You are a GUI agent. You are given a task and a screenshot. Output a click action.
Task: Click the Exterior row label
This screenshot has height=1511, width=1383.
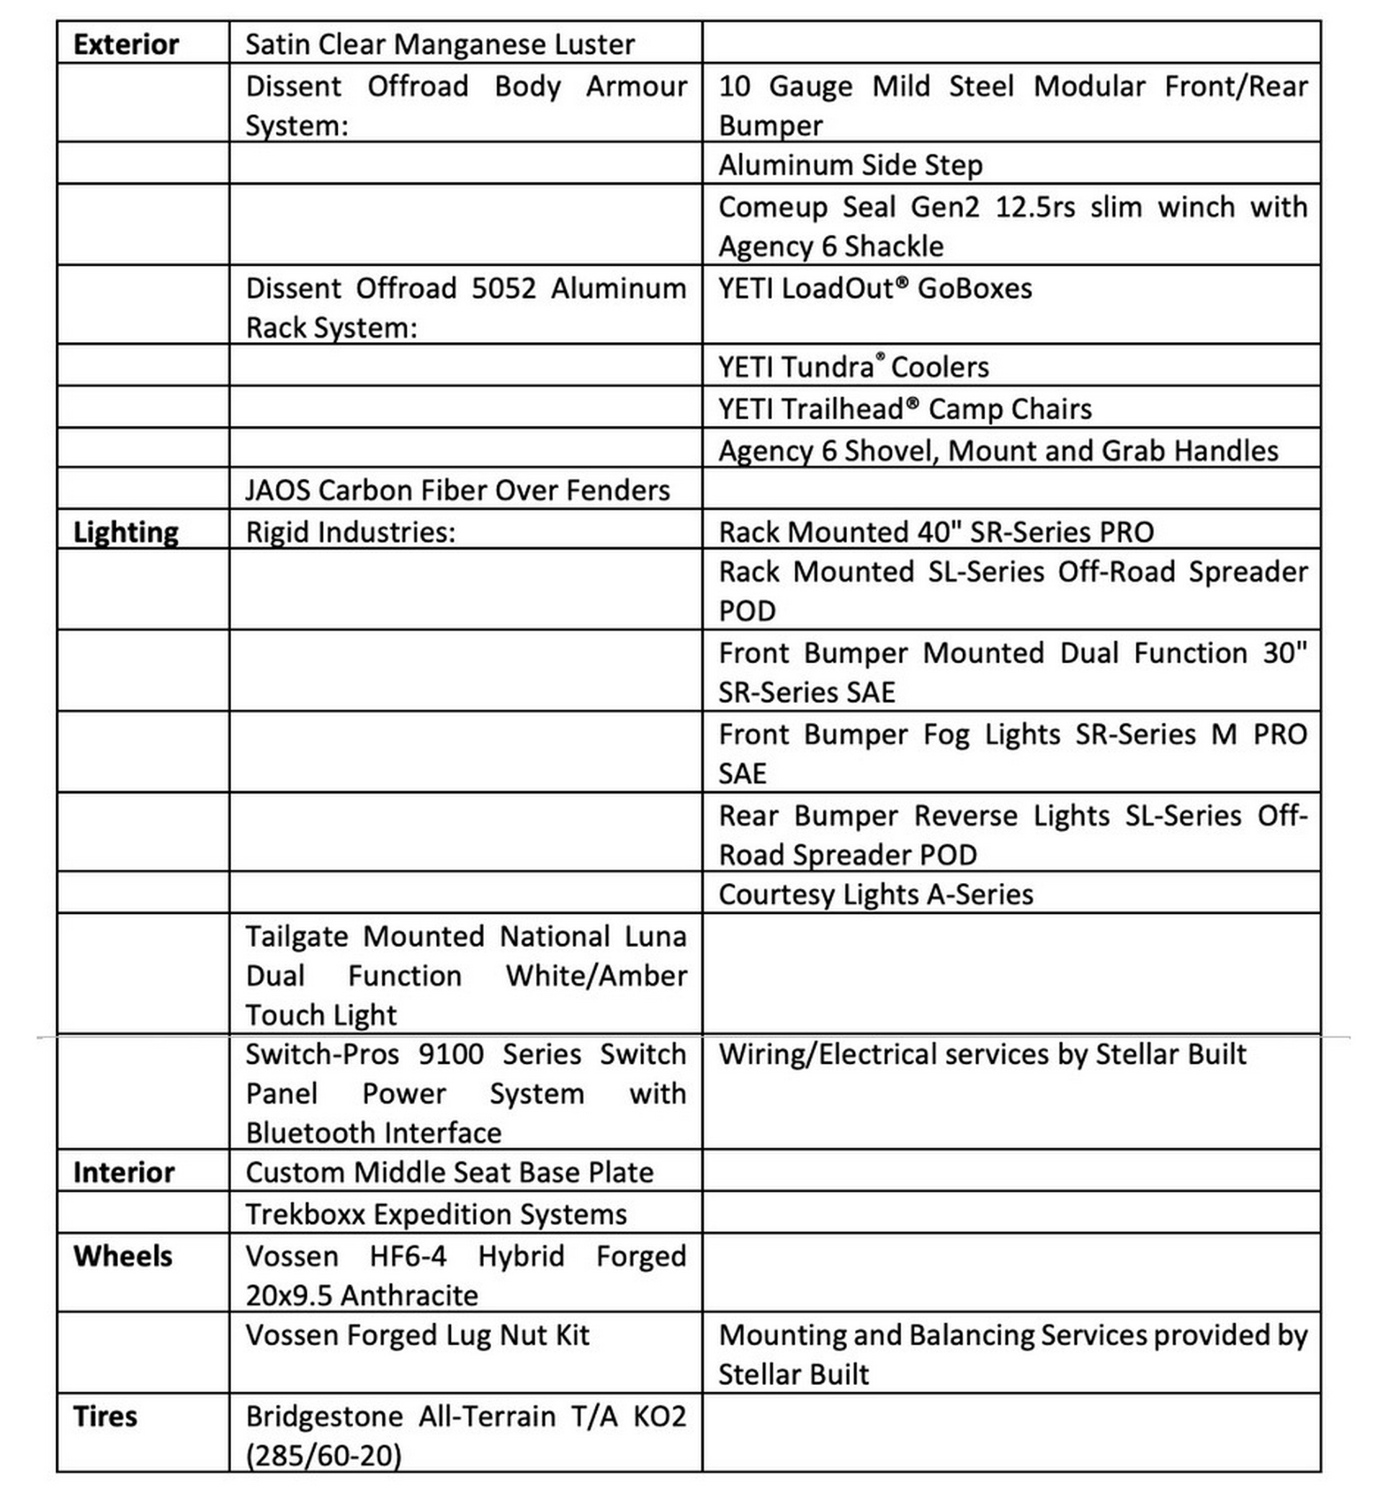[x=126, y=44]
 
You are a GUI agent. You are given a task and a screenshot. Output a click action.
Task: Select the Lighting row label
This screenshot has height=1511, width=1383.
[x=125, y=532]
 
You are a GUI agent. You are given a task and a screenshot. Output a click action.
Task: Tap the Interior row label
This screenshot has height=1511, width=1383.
[x=124, y=1173]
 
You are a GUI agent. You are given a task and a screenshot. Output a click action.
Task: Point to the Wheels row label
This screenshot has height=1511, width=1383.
[x=123, y=1256]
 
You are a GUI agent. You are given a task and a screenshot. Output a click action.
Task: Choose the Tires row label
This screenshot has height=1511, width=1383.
[x=105, y=1417]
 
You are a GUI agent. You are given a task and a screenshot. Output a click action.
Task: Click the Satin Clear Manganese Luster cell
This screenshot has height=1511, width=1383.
[x=440, y=44]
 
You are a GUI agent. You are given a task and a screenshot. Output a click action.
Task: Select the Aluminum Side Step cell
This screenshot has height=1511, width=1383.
[x=850, y=165]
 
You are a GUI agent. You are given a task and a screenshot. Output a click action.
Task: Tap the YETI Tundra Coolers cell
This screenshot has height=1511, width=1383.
[x=853, y=367]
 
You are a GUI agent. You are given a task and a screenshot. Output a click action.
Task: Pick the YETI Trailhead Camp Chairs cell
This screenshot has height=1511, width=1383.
[x=905, y=409]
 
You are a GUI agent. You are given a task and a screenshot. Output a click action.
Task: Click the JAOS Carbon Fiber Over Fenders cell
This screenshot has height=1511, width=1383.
[x=457, y=490]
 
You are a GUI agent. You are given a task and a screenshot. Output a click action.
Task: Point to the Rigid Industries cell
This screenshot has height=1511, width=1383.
[x=350, y=532]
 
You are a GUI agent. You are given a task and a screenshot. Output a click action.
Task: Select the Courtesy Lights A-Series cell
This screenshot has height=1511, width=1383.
[x=875, y=895]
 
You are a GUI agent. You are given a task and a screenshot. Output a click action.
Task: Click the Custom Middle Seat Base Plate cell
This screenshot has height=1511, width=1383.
[x=449, y=1173]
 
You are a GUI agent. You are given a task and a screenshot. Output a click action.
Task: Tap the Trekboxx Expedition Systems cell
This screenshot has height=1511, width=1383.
[x=436, y=1214]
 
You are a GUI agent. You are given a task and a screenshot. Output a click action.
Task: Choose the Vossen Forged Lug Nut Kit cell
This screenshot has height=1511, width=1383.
[x=417, y=1335]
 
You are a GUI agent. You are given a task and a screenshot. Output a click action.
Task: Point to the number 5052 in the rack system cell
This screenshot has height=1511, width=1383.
[x=503, y=289]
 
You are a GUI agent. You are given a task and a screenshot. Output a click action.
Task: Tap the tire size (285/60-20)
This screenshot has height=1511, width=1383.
[x=324, y=1456]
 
